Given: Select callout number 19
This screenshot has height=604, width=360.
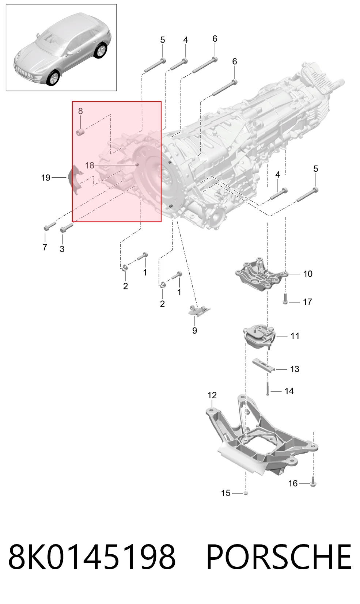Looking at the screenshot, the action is click(46, 178).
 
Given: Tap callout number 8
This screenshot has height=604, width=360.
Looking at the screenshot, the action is click(80, 111).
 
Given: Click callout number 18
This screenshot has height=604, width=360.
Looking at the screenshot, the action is click(90, 165).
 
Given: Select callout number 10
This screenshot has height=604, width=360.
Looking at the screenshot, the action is click(308, 274).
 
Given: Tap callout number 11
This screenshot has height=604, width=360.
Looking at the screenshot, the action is click(295, 336).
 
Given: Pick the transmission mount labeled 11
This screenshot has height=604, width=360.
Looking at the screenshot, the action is click(259, 337).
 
